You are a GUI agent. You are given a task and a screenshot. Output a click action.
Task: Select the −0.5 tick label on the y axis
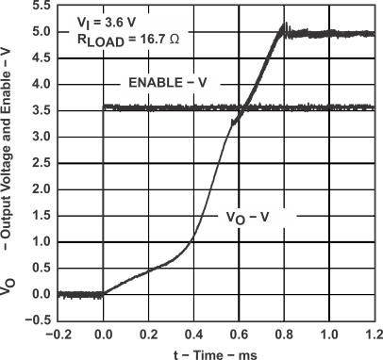pyautogui.click(x=41, y=320)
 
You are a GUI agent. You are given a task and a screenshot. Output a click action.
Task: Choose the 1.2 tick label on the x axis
pyautogui.click(x=375, y=333)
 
